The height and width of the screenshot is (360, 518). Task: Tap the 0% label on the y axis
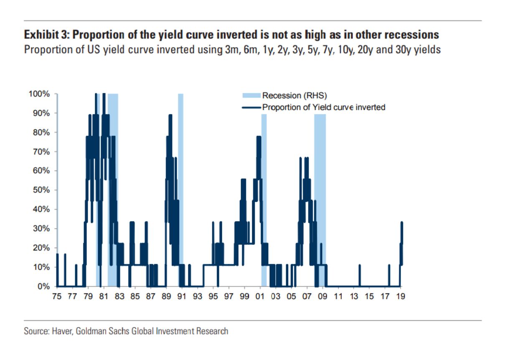click(x=44, y=286)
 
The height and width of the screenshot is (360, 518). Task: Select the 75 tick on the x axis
click(x=57, y=297)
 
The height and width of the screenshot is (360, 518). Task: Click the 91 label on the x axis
click(x=182, y=297)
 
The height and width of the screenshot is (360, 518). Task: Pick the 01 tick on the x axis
click(x=260, y=297)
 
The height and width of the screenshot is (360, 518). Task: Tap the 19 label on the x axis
click(x=401, y=297)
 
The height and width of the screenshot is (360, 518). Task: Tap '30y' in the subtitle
click(x=403, y=49)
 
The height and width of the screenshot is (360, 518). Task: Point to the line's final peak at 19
click(x=401, y=223)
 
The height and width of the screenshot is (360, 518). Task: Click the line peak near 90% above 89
click(x=170, y=115)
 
